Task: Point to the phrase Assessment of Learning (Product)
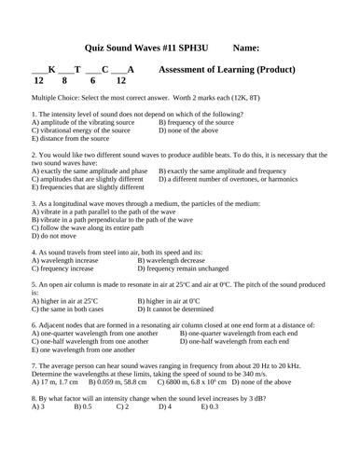(228, 69)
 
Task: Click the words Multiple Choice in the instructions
(56, 97)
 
